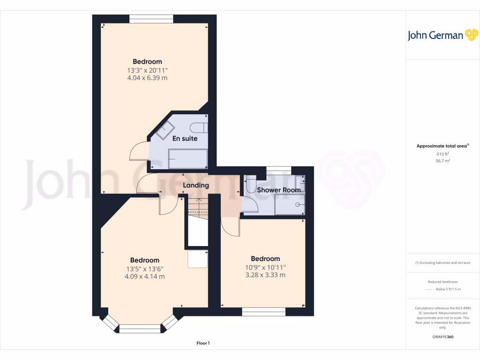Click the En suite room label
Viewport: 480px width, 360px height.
185,139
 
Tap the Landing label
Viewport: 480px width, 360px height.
195,185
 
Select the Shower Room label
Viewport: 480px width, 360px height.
278,190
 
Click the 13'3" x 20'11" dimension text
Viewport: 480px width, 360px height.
147,70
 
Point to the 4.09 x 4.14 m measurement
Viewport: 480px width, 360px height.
144,277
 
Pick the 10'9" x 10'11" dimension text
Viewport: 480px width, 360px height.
265,267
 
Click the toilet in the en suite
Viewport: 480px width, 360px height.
199,127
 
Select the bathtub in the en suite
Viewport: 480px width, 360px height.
187,159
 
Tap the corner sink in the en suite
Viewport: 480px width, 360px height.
165,129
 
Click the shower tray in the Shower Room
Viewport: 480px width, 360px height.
290,204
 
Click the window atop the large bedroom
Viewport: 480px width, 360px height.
151,19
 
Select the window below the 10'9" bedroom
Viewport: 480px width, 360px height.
263,311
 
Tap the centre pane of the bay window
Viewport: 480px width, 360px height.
140,329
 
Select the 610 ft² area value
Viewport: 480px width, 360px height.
443,154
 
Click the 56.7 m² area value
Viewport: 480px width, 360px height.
443,161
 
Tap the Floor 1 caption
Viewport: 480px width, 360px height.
203,344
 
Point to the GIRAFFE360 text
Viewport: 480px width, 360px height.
443,337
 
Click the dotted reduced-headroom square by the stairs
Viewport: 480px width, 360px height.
197,259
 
